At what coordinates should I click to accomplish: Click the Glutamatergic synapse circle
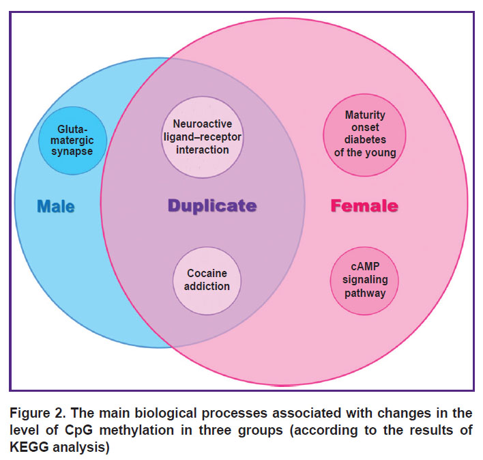coord(72,141)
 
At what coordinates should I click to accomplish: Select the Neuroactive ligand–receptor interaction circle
coord(203,137)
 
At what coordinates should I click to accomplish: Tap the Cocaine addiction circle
coord(207,281)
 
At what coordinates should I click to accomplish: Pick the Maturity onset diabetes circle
coord(365,135)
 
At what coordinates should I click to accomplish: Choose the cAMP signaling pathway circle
coord(364,281)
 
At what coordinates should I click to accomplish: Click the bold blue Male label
coord(56,206)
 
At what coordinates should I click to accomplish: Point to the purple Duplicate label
coord(212,206)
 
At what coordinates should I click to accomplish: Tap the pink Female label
coord(364,206)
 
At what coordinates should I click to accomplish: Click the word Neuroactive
coord(203,124)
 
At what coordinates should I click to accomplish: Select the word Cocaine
coord(207,273)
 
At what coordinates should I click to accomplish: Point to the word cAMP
coord(365,266)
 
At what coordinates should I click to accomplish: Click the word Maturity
coord(365,115)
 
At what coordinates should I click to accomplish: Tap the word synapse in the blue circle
coord(72,152)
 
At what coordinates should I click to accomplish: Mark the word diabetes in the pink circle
coord(365,140)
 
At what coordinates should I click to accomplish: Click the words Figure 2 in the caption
coord(38,413)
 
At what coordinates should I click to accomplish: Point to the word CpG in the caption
coord(78,430)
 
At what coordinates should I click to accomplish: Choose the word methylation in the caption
coord(136,430)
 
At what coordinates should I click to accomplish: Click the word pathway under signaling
coord(365,293)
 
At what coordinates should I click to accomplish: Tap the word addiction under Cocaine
coord(207,287)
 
